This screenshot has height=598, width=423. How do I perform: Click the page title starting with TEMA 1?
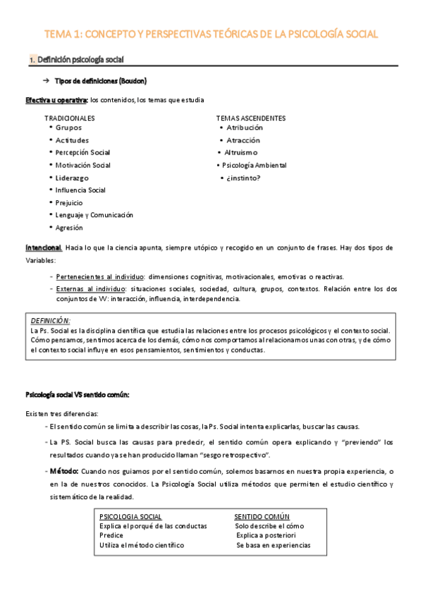click(x=211, y=33)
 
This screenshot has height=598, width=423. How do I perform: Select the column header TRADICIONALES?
click(x=70, y=118)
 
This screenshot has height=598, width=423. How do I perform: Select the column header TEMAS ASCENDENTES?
click(x=251, y=118)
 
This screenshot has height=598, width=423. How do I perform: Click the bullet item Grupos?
click(x=68, y=128)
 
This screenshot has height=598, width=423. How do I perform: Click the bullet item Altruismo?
click(x=242, y=152)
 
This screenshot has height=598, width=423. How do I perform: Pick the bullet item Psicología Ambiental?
click(x=255, y=165)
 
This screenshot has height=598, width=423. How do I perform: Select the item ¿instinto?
click(x=243, y=178)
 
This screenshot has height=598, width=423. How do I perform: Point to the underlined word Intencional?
click(x=44, y=248)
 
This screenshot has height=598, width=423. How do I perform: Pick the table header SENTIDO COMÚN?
click(x=262, y=517)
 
